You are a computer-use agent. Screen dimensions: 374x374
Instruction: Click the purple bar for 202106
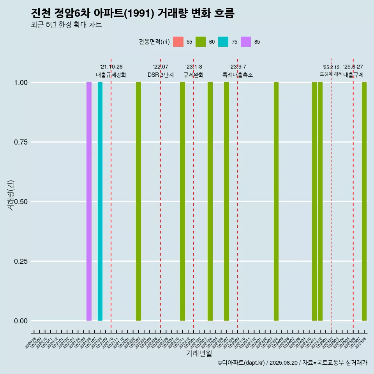[89, 201]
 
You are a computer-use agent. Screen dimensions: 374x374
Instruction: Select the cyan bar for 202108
[100, 201]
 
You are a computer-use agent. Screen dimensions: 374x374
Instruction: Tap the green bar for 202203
[138, 201]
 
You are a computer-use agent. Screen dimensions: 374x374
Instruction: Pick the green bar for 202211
[182, 201]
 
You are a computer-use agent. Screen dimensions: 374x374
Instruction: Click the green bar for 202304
[210, 201]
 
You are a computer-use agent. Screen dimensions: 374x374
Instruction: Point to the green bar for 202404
[276, 201]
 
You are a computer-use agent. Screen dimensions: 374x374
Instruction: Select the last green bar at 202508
[364, 201]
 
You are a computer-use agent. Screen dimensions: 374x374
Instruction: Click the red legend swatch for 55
[178, 42]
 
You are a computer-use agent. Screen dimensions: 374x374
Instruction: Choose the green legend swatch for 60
[201, 42]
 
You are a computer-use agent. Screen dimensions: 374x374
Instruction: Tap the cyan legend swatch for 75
[223, 42]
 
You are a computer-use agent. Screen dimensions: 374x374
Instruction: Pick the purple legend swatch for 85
[246, 42]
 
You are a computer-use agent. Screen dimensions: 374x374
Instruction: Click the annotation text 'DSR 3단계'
[161, 75]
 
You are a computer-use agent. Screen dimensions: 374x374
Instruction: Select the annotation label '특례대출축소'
[238, 75]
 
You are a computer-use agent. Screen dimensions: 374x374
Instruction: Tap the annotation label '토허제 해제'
[331, 74]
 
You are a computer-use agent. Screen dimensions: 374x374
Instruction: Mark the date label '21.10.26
[111, 67]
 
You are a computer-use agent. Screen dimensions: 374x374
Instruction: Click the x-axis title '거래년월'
[199, 353]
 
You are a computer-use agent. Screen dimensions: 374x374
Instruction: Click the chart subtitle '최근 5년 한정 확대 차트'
[66, 25]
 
